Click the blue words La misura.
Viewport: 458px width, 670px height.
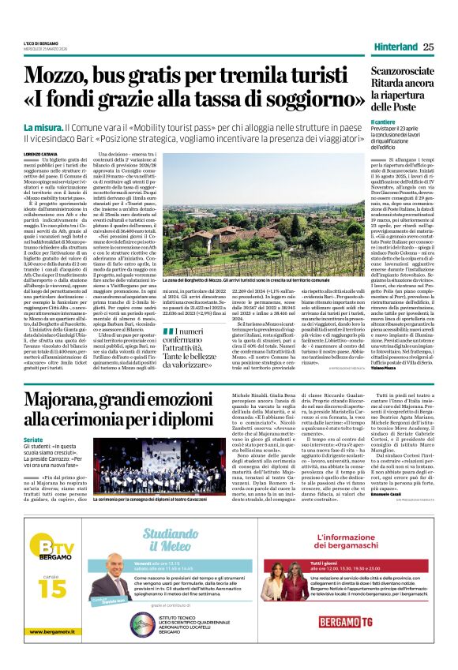43,127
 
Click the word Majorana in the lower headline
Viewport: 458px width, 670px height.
69,375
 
